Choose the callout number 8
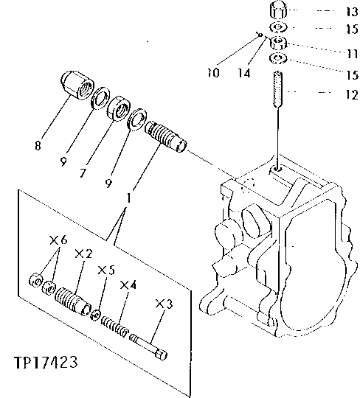[38, 146]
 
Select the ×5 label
[107, 270]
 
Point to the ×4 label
[128, 284]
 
